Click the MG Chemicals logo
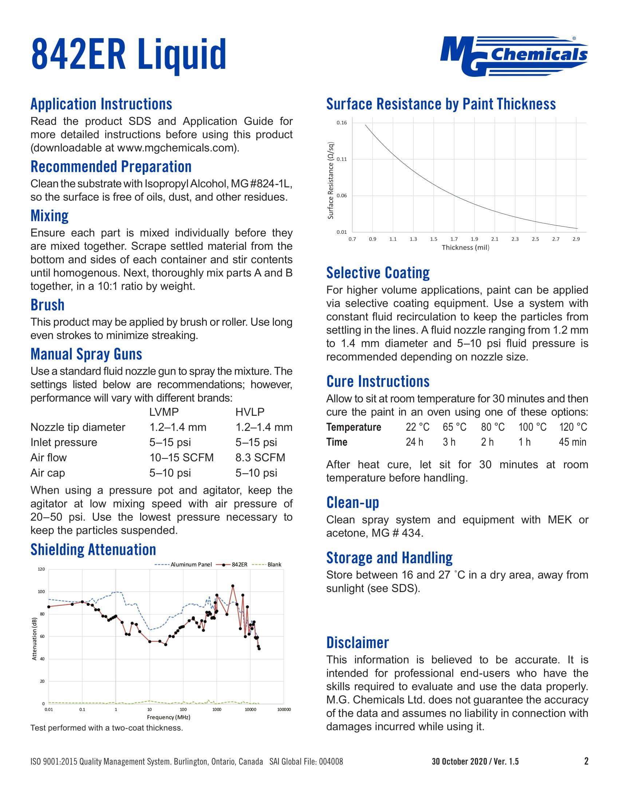coord(514,56)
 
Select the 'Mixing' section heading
coord(50,216)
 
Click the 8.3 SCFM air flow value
coord(260,457)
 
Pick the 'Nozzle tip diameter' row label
coord(78,427)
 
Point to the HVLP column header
coord(250,412)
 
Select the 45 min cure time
coord(572,442)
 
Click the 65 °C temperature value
coord(454,427)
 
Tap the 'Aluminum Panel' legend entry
coord(191,564)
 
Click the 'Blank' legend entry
coord(274,564)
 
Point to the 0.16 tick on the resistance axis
coord(342,122)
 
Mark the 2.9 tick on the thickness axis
coord(576,239)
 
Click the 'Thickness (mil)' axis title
coord(465,248)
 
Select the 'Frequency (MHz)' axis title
coord(168,717)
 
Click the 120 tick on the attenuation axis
coord(41,569)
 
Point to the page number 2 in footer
coord(586,761)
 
